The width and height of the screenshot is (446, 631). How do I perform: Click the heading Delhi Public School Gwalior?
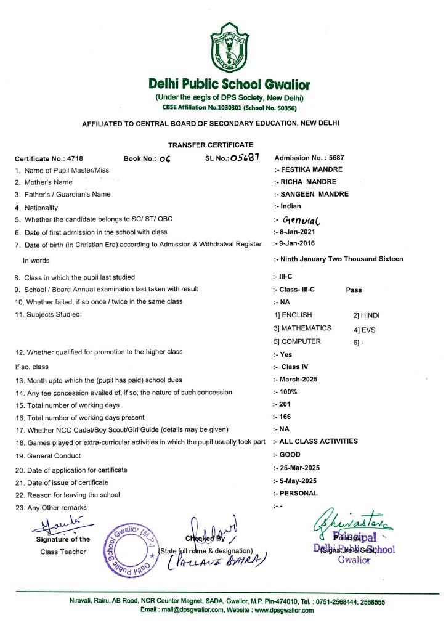point(229,84)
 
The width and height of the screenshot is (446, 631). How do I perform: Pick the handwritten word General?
point(304,219)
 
